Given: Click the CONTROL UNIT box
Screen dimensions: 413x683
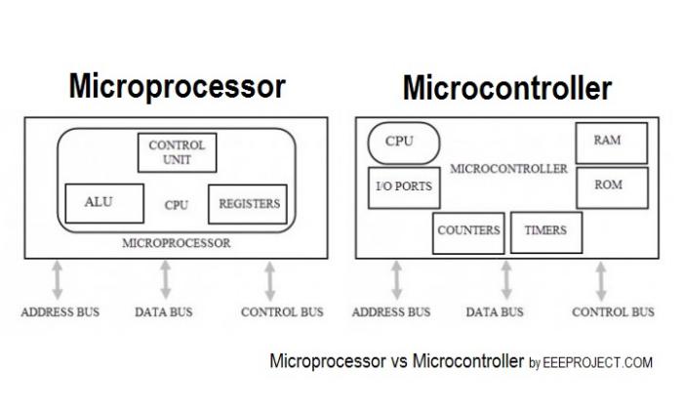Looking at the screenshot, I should point(177,151).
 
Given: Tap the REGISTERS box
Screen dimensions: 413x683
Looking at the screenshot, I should point(248,203).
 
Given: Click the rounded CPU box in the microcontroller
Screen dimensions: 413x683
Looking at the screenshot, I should point(398,143).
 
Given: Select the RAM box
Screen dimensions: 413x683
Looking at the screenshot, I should point(606,142).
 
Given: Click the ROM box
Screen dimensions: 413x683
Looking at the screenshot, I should point(606,186).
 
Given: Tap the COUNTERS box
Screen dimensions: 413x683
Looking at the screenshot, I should point(467,231).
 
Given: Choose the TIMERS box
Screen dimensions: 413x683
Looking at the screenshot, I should point(545,231).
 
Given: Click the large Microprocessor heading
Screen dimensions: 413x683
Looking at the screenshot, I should point(177,86).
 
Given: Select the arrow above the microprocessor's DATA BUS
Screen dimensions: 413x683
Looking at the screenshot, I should point(165,279).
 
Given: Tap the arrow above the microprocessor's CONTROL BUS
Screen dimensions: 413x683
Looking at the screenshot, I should point(270,279).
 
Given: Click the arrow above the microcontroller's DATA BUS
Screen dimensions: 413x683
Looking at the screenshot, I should point(505,279).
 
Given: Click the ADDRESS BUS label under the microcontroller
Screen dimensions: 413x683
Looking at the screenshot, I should point(390,312).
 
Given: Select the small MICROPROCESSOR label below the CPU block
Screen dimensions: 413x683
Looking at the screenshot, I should point(177,243).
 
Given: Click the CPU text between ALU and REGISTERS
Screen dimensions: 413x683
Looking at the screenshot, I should point(177,205).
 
